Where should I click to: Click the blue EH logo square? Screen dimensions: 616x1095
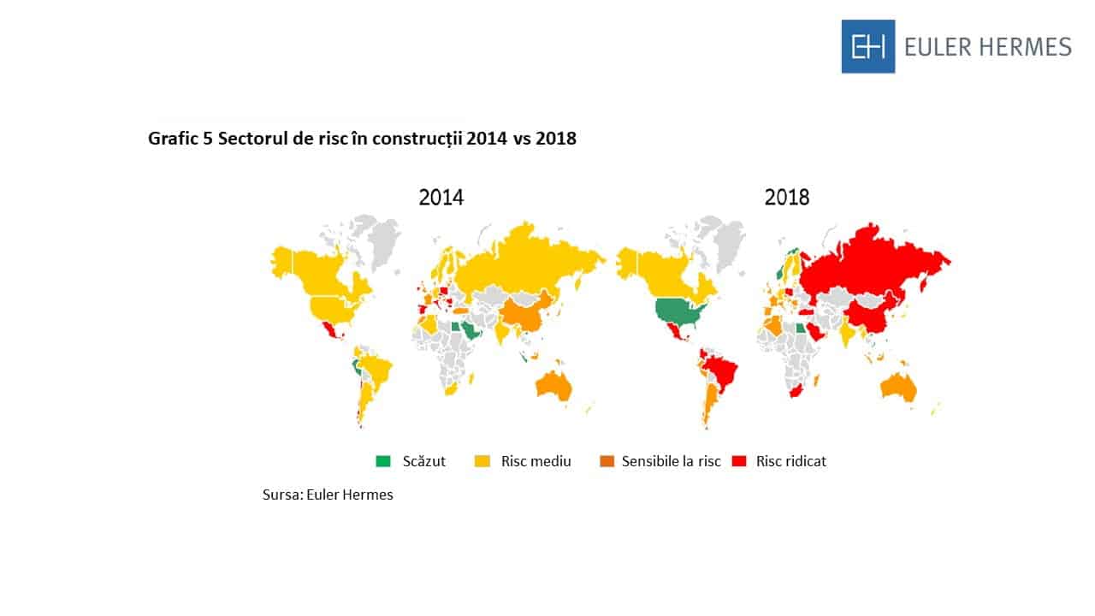tap(867, 46)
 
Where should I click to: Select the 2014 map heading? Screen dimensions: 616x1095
tap(441, 198)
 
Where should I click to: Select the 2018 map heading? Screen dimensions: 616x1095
tap(786, 198)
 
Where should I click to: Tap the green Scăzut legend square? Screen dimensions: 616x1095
tap(382, 461)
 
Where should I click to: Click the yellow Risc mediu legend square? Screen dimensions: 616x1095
tap(482, 461)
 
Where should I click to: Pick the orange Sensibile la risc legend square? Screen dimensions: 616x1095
tap(606, 461)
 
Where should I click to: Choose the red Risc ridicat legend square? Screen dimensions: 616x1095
tap(739, 461)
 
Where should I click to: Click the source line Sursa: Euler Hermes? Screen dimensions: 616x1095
tap(328, 495)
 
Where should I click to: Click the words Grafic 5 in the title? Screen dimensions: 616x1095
tap(180, 139)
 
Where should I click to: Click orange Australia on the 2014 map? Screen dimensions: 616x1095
tap(554, 387)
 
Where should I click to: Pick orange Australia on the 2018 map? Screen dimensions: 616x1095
tap(898, 388)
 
